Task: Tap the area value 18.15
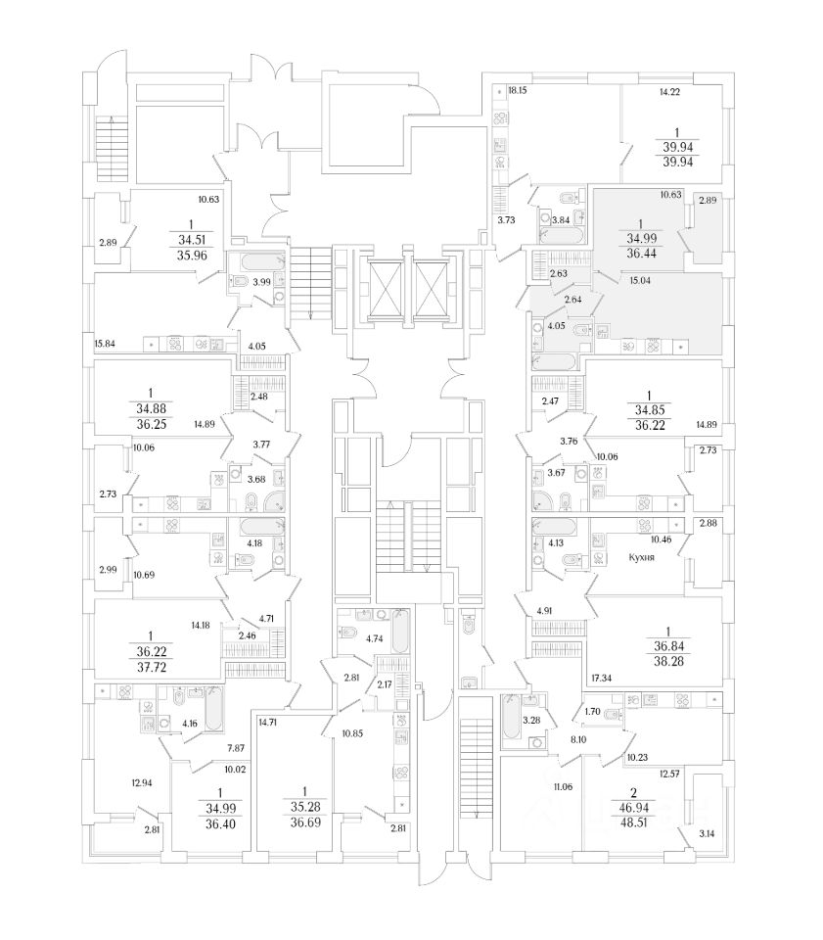[518, 91]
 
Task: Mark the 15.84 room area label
[105, 343]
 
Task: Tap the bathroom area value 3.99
[262, 282]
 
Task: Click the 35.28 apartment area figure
[304, 807]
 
